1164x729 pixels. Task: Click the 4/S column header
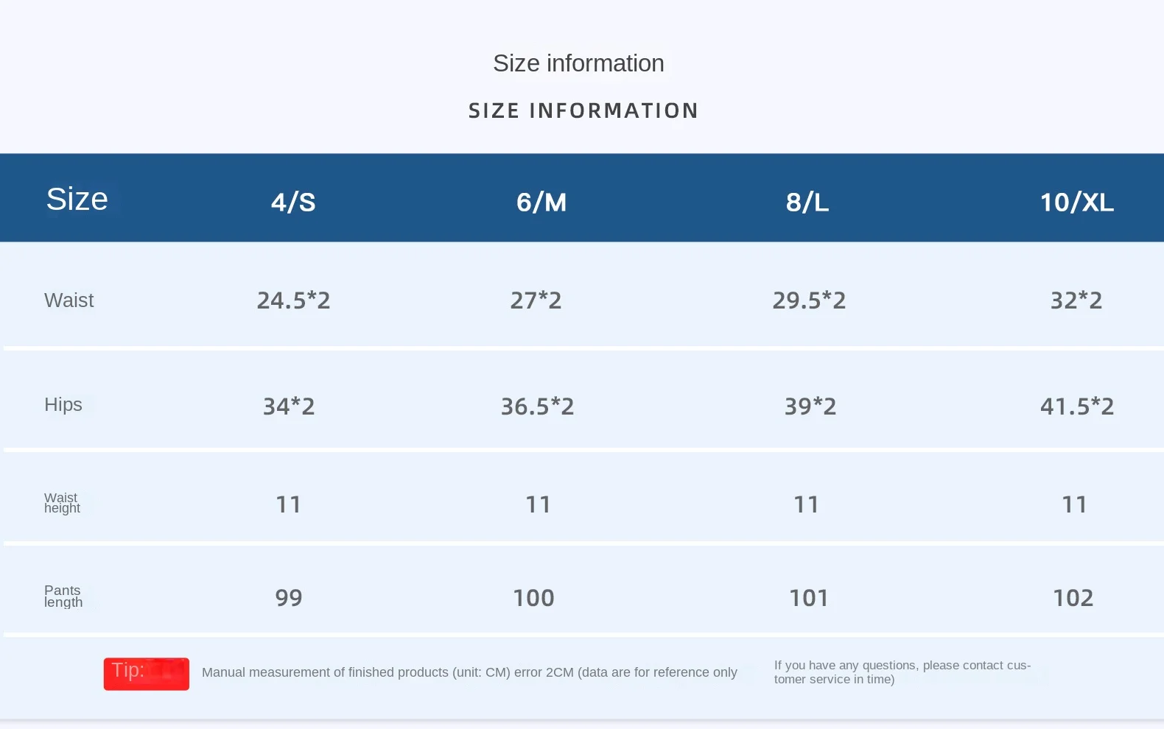click(x=293, y=202)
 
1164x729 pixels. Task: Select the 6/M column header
click(x=541, y=202)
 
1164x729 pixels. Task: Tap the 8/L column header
click(x=807, y=202)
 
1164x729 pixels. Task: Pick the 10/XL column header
click(x=1077, y=202)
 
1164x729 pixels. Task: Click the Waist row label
click(x=69, y=300)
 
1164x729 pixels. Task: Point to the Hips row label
click(x=63, y=404)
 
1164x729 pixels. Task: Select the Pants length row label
click(x=63, y=596)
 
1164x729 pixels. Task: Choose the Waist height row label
click(x=62, y=503)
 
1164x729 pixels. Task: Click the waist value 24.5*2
click(x=294, y=300)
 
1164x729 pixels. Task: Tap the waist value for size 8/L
click(x=809, y=300)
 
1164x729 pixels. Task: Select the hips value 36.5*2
click(x=537, y=406)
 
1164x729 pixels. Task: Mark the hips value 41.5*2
click(x=1077, y=406)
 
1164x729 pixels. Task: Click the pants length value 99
click(x=288, y=598)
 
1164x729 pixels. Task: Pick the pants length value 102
click(x=1073, y=598)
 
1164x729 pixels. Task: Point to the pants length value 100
click(x=533, y=598)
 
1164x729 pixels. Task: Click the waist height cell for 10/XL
click(x=1074, y=504)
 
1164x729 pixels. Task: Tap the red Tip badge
click(x=147, y=674)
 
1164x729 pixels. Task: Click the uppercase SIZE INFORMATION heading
click(x=583, y=110)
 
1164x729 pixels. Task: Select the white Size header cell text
click(x=77, y=199)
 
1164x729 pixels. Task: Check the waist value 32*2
click(x=1076, y=300)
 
